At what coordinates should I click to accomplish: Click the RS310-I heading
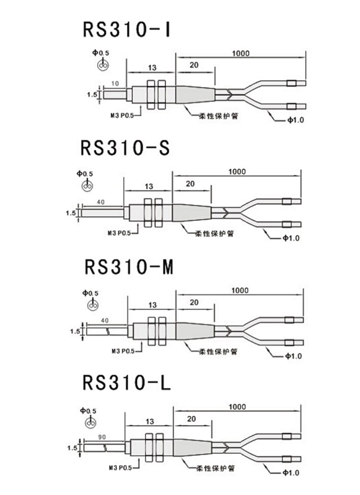pos(126,29)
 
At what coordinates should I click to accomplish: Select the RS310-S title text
pos(125,148)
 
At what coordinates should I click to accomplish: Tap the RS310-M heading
pos(129,267)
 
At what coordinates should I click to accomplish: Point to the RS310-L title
pos(126,382)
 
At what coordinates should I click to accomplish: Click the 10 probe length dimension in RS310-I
pos(115,84)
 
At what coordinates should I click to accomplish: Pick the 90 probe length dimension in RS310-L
pos(102,437)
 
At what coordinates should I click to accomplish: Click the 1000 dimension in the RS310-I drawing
pos(241,54)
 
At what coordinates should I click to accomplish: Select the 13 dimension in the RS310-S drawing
pos(149,187)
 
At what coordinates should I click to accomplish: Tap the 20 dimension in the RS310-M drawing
pos(194,302)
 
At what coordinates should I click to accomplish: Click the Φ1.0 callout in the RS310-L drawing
pos(291,472)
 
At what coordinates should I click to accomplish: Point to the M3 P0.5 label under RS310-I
pos(121,116)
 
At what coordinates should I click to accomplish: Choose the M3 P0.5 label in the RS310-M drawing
pos(123,351)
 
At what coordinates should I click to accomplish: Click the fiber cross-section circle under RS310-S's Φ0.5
pos(87,186)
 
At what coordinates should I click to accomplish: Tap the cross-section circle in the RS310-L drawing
pos(90,423)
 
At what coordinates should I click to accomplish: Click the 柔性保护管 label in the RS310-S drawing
pos(214,234)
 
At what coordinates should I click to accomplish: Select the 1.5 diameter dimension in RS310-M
pos(75,331)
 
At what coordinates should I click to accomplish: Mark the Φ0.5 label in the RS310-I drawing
pos(100,53)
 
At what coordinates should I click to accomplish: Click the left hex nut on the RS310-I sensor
pos(151,94)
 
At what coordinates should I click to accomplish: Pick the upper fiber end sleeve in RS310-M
pos(289,320)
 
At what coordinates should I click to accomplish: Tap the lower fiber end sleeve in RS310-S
pos(287,225)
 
